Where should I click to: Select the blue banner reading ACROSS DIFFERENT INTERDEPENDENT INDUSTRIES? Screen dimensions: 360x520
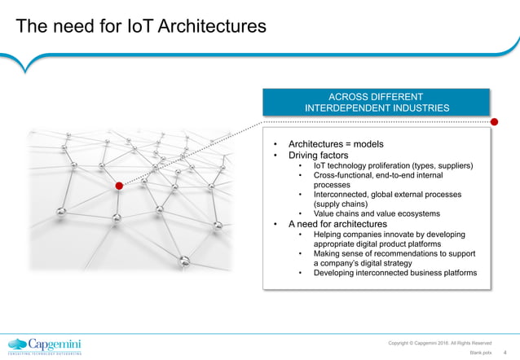pos(376,102)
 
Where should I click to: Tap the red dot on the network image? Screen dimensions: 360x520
pos(118,186)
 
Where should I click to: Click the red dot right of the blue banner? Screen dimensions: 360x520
pos(495,121)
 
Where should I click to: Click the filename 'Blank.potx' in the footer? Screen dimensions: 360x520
pos(481,353)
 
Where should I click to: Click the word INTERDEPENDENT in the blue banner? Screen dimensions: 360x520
pos(347,108)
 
